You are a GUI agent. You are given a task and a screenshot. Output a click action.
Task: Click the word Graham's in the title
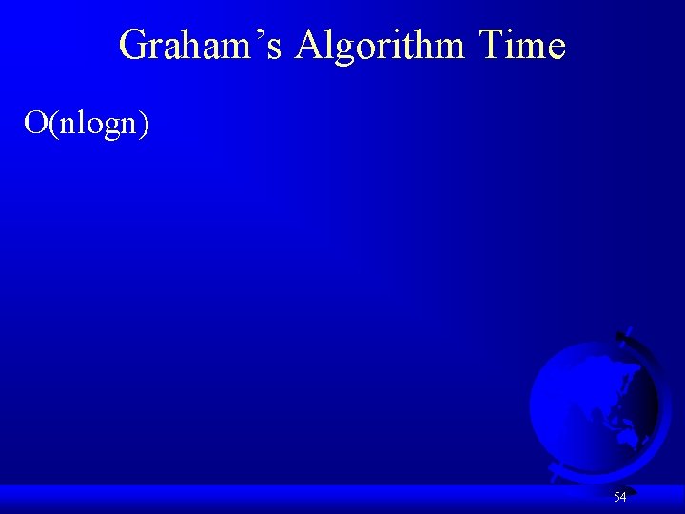[x=200, y=46]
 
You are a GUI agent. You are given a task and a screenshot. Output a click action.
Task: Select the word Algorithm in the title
[x=381, y=46]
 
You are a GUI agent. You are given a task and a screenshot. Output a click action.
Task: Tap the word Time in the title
[x=522, y=46]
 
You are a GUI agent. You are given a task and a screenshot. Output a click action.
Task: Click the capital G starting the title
[x=134, y=46]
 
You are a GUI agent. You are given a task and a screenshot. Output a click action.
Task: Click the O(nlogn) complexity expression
[x=87, y=123]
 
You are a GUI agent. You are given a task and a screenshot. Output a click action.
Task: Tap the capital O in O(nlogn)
[x=36, y=123]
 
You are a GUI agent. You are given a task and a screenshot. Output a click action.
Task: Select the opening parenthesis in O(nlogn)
[x=52, y=124]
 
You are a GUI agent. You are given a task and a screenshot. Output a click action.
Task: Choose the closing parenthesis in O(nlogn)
[x=144, y=124]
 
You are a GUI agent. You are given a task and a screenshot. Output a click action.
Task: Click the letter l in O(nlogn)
[x=80, y=122]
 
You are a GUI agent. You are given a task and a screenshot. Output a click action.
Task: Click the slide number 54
[x=619, y=497]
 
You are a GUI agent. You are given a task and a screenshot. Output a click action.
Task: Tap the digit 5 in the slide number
[x=616, y=497]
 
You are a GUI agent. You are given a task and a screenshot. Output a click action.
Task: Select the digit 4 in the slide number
[x=623, y=497]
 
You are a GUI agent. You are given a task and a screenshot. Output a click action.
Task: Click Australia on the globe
[x=627, y=437]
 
